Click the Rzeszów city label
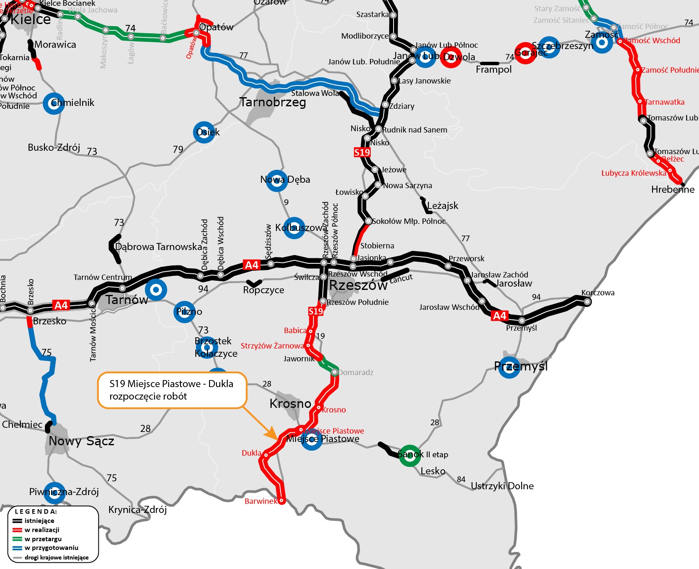[358, 285]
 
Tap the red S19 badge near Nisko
[362, 152]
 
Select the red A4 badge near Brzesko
[61, 306]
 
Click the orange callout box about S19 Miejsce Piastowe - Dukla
[172, 390]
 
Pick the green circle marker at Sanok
[410, 455]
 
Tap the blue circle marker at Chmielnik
[54, 103]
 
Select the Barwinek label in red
[260, 501]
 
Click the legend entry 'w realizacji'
[42, 530]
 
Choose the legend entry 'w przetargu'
[43, 539]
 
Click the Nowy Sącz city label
[81, 441]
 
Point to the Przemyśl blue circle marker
[509, 367]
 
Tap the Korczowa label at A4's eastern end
[598, 293]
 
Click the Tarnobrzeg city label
[273, 102]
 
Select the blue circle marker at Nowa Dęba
[276, 181]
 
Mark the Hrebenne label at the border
[672, 190]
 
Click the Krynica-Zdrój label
[138, 510]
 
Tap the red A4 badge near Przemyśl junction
[500, 316]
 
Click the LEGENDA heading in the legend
[36, 512]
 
